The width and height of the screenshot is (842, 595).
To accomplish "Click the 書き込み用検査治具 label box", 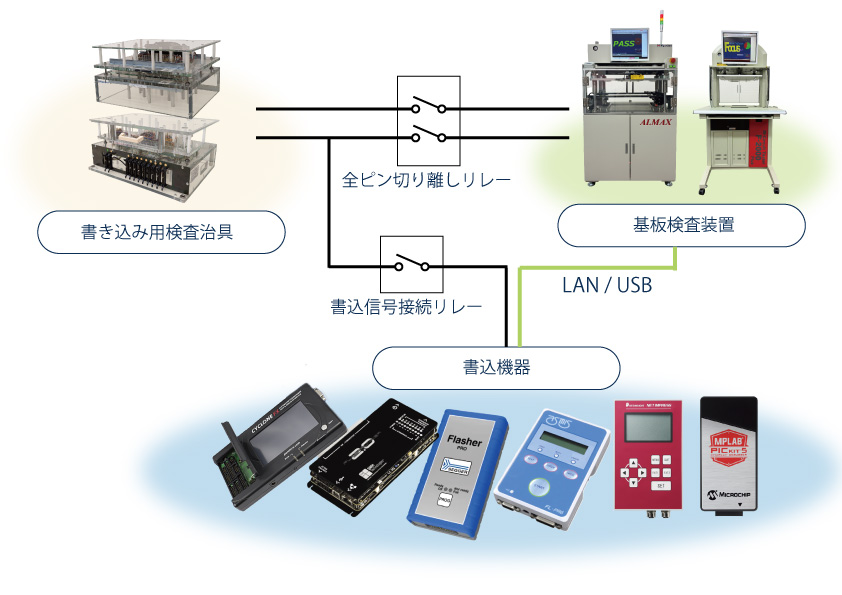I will click(x=160, y=233).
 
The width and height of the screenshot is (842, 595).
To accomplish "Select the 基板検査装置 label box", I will click(x=680, y=225).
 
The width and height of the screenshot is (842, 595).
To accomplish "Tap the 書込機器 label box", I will click(x=496, y=367).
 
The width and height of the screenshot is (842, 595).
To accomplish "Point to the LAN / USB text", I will click(x=607, y=286).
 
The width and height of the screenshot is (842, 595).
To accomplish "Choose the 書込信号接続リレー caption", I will click(x=406, y=305).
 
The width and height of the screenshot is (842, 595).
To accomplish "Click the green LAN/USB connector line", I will click(x=600, y=267).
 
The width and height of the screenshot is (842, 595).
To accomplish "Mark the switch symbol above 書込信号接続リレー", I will click(x=410, y=264).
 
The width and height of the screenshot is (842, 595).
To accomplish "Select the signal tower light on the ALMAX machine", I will click(x=660, y=25).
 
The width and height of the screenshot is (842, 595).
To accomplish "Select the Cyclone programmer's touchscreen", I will click(x=285, y=430).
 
